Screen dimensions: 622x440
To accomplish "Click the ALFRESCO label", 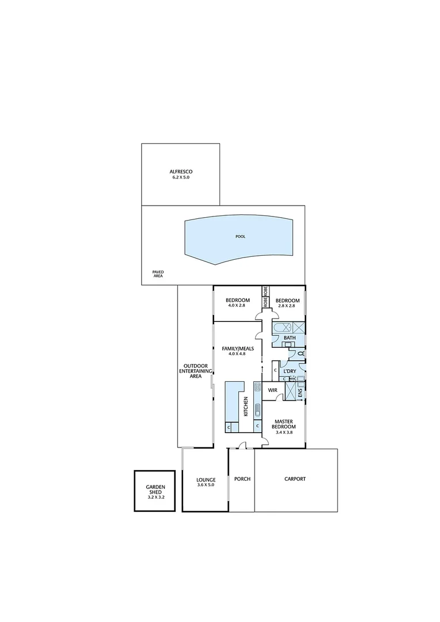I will (180, 172).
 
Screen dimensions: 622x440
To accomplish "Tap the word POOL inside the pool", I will (240, 237).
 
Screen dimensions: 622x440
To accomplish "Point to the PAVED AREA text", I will (158, 274).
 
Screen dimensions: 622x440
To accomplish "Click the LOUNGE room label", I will (206, 479).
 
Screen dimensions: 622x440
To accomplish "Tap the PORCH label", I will (242, 479).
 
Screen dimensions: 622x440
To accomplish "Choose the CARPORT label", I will (295, 479).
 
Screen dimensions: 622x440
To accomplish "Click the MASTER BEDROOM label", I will (285, 424).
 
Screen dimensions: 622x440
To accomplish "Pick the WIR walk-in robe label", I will (273, 390).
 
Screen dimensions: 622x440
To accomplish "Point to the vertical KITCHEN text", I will (246, 406).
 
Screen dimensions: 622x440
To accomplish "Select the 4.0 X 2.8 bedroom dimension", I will (237, 306).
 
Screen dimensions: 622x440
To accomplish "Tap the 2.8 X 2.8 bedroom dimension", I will (287, 306).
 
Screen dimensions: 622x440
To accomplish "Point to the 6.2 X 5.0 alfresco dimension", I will (180, 178).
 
